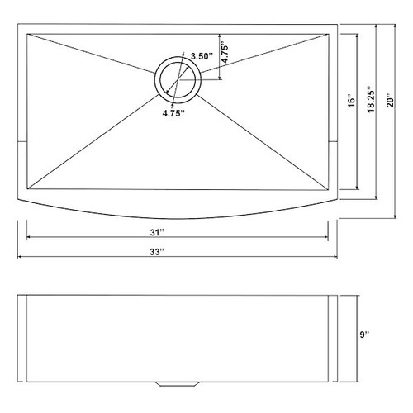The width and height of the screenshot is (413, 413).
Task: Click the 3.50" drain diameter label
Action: point(201,56)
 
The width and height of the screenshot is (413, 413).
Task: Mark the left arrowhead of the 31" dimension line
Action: point(30,237)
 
